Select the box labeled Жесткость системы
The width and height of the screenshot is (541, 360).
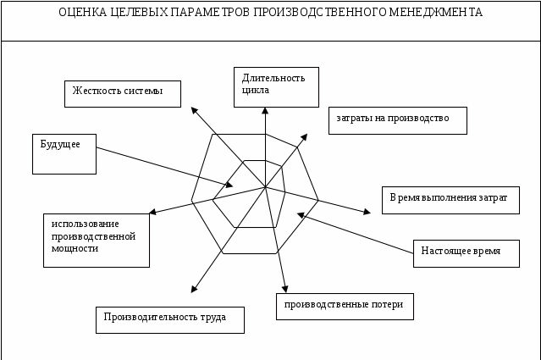tap(123, 93)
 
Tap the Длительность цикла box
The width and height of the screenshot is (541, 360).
tap(276, 86)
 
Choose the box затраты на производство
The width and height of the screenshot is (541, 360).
tap(397, 120)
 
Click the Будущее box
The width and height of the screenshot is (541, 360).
tap(63, 153)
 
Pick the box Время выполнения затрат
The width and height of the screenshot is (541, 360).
tap(450, 200)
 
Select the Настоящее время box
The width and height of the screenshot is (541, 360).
tap(466, 253)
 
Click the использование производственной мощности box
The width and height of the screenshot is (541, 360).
tap(96, 240)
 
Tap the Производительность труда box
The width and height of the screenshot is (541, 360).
tap(169, 319)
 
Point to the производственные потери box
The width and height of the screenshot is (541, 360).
tap(345, 306)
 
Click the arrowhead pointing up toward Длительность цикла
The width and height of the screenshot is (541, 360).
tap(265, 110)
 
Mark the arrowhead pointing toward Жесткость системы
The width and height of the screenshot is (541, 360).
tap(194, 109)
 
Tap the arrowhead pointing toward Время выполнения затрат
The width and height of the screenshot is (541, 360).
tap(367, 212)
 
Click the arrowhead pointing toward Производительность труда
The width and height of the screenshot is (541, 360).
tap(194, 290)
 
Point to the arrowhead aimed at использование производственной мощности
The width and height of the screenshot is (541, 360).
tap(152, 212)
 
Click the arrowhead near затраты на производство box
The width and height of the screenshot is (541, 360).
tap(305, 135)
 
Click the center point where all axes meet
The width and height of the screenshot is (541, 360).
tap(265, 187)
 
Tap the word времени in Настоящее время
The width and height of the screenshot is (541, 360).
tap(485, 252)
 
